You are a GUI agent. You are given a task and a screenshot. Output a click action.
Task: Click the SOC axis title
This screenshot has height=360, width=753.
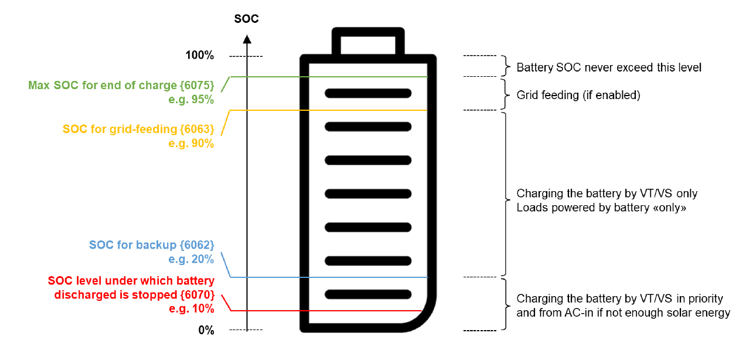coord(246,19)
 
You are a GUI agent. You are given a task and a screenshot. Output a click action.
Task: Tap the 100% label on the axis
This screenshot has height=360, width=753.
coord(199,56)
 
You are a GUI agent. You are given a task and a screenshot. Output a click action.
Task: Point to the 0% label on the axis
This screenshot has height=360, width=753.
coord(206,330)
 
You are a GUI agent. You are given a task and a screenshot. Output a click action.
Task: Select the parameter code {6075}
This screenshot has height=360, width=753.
coord(196,85)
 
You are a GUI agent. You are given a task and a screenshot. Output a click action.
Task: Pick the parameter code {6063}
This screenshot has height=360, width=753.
coord(196,128)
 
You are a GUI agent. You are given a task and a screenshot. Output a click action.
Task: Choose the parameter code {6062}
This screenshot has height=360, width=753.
coord(196,244)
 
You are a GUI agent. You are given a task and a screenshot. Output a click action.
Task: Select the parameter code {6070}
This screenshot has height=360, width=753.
coord(196,294)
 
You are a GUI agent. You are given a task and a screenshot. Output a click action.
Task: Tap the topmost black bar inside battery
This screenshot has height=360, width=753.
coord(368,93)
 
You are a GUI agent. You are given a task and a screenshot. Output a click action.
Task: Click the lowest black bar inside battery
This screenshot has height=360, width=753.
coord(368,294)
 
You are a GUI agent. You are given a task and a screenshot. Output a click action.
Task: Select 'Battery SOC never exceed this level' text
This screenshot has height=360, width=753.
coord(608,67)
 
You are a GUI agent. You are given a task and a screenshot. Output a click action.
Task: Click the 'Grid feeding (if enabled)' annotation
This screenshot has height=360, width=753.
coord(578,95)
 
